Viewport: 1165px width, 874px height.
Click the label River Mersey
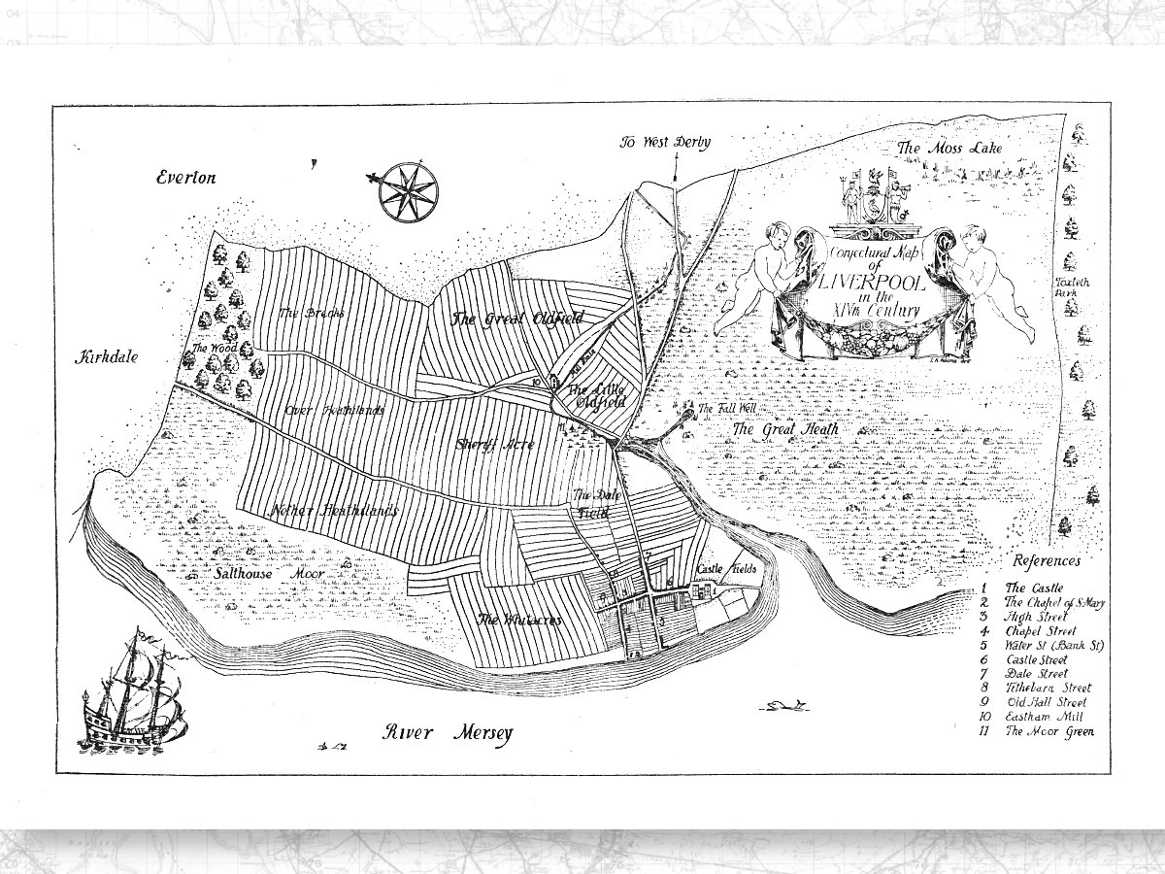pos(447,733)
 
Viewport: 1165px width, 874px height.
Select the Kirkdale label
pos(108,356)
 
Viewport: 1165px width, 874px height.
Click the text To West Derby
pos(667,142)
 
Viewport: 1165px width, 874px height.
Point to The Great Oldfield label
pos(503,318)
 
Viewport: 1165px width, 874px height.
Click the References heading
pos(1047,561)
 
